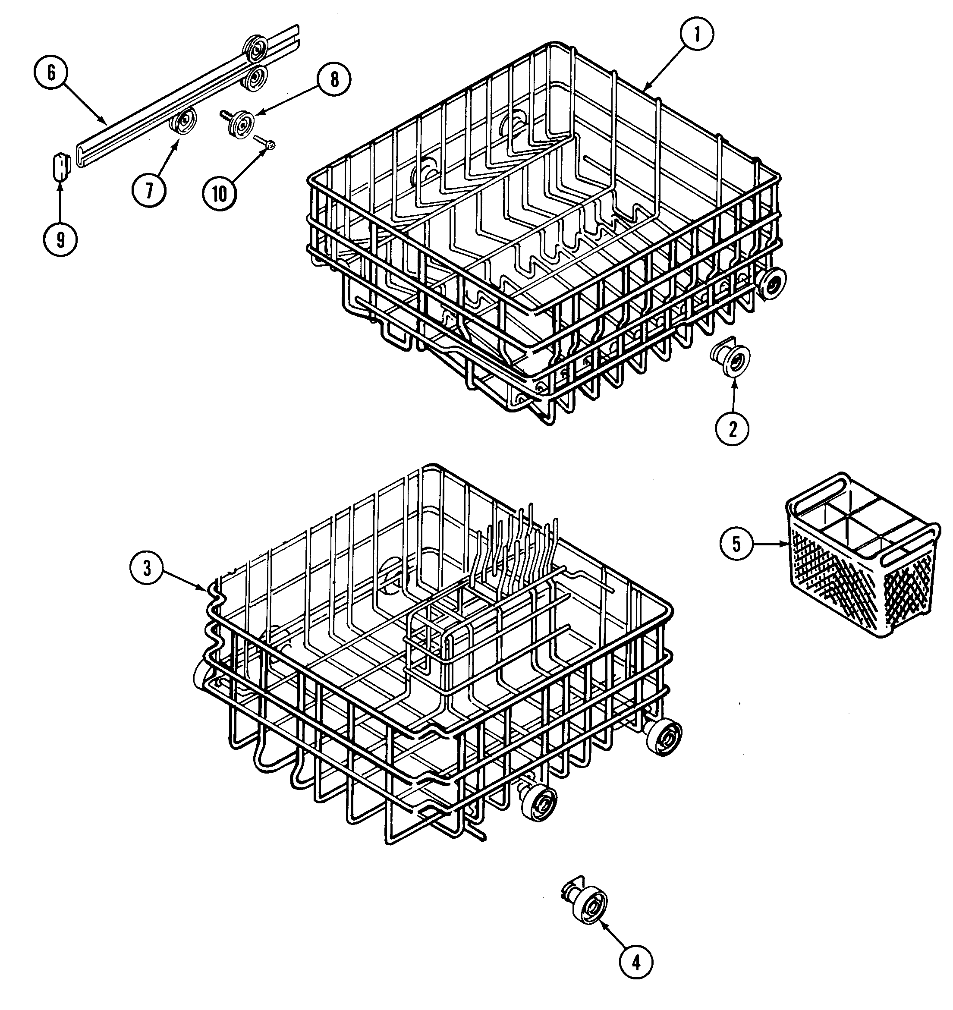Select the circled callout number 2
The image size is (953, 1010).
click(x=732, y=429)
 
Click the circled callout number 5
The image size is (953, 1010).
click(x=736, y=544)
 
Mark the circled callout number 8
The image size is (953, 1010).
click(x=334, y=80)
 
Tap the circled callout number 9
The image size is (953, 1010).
click(x=60, y=240)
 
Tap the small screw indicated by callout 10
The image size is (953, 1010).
click(x=265, y=143)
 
